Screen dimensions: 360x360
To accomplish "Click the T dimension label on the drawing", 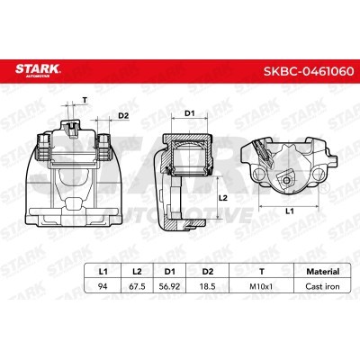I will pyautogui.click(x=85, y=99).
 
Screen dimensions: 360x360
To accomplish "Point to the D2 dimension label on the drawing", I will pyautogui.click(x=123, y=115).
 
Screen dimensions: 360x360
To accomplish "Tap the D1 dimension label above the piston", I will pyautogui.click(x=190, y=113).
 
